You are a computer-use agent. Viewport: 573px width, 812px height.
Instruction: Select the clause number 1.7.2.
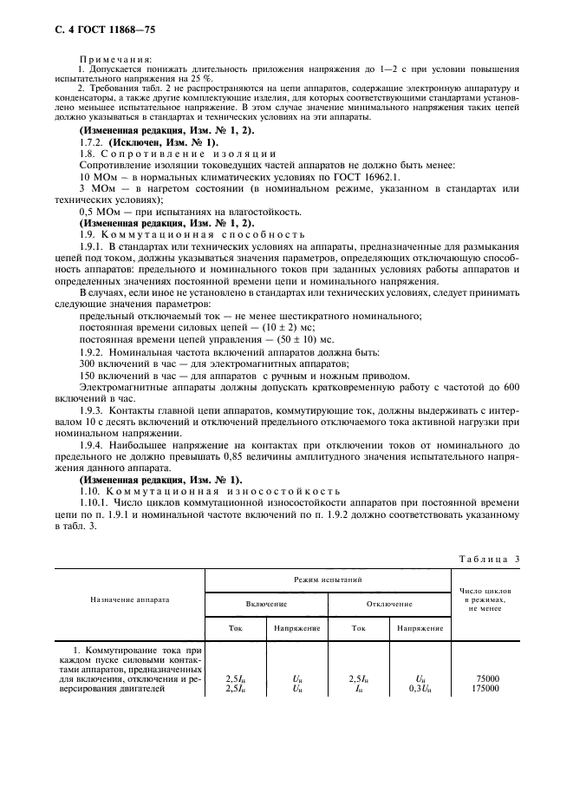point(92,142)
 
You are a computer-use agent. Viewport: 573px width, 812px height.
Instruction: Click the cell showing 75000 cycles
point(486,678)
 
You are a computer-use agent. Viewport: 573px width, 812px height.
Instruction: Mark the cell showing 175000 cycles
point(485,688)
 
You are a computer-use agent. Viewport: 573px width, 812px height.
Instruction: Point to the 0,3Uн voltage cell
point(419,688)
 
